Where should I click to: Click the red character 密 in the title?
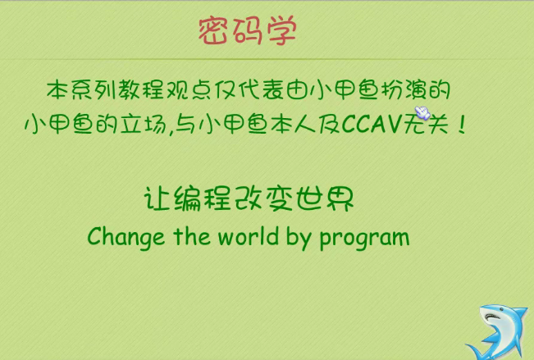212,31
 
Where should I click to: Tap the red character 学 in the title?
281,31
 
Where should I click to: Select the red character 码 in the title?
247,31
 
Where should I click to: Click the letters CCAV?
372,123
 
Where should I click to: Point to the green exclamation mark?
462,124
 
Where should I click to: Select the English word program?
364,239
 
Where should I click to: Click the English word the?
192,236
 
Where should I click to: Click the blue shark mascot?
497,332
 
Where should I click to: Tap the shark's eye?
492,316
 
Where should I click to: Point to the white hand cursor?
422,112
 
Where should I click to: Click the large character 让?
157,199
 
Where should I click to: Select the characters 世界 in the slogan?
325,199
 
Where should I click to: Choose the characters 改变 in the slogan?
264,199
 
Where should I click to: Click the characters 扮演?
404,90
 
